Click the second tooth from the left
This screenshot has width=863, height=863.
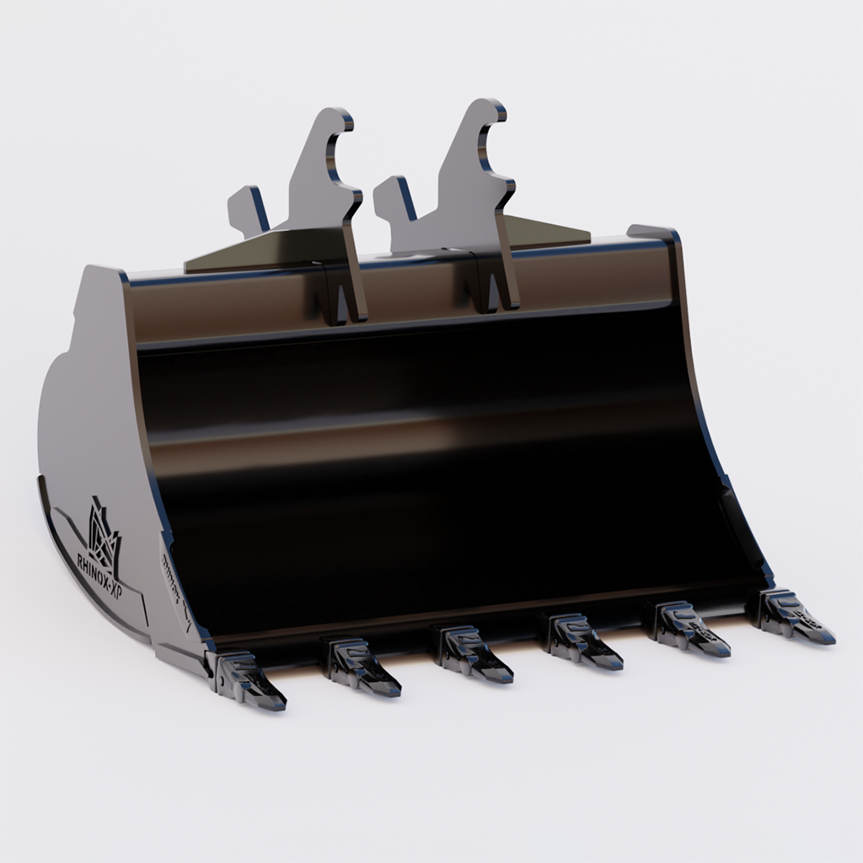tap(360, 667)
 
